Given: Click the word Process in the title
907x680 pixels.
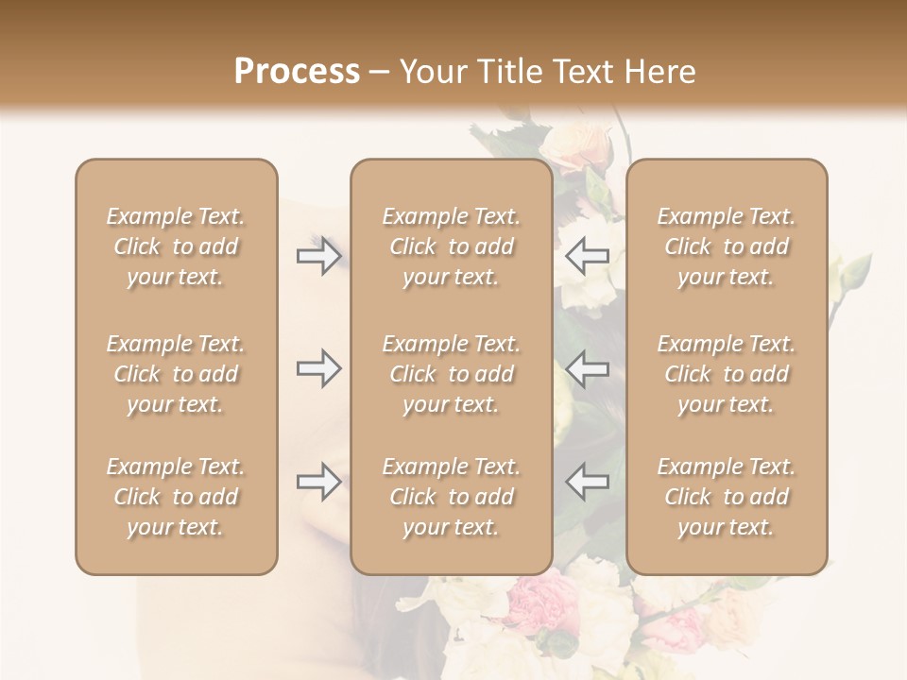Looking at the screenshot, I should tap(297, 71).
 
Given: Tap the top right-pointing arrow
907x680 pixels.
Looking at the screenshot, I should tap(318, 255).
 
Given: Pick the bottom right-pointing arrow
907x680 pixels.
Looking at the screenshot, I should tap(318, 482).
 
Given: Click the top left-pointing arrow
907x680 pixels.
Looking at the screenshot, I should tap(587, 255).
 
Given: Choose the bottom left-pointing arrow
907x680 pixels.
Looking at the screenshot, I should tap(587, 482).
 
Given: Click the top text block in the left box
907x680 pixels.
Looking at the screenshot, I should tap(176, 246).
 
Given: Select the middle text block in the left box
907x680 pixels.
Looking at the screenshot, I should tap(176, 374).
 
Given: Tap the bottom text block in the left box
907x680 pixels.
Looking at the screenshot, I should tap(176, 497).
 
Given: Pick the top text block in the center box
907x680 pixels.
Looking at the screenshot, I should tap(451, 246).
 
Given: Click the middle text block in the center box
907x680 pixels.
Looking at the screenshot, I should tap(451, 374).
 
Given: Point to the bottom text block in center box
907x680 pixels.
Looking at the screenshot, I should tap(451, 497).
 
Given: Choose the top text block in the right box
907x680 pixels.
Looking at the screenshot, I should tap(726, 246).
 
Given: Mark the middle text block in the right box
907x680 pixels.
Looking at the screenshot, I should tap(726, 374).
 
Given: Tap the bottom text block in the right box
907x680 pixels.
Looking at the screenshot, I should tap(726, 497).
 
